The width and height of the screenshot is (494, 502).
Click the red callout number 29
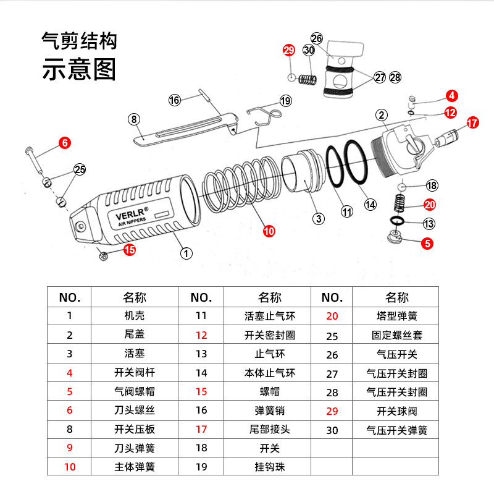289,50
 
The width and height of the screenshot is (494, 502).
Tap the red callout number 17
472,122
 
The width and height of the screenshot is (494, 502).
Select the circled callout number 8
134,119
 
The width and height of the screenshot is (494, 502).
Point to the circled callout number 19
285,101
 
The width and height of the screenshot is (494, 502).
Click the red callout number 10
269,231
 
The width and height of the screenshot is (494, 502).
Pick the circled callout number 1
186,253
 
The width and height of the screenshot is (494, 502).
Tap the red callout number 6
65,143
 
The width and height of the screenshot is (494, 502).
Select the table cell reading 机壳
134,316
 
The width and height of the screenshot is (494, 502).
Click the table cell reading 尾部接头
270,429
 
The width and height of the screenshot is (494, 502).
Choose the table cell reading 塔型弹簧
397,316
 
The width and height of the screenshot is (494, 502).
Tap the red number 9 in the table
70,448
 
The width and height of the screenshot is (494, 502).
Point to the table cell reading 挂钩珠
270,467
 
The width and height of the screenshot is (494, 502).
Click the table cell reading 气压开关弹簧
397,430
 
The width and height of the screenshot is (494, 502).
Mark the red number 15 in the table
201,391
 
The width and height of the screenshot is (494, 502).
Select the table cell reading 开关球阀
397,411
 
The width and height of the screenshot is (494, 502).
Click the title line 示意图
78,69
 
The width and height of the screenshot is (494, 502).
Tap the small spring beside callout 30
308,79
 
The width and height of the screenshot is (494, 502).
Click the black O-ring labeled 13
397,220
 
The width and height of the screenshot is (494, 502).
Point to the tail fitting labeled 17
446,138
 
